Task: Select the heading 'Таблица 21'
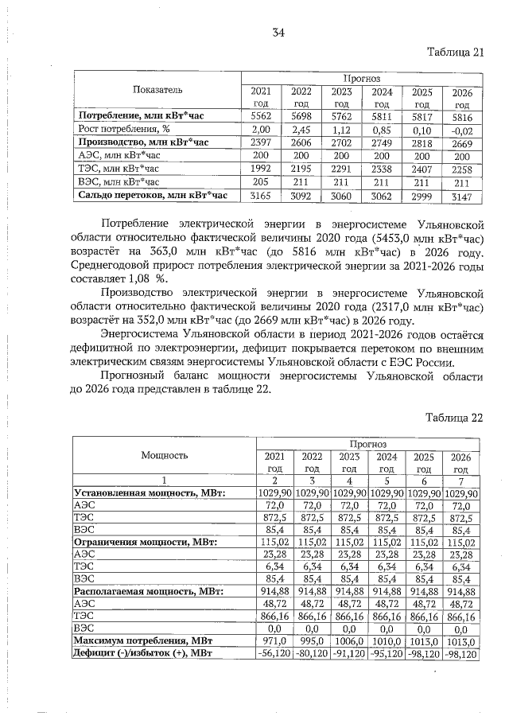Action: (x=455, y=53)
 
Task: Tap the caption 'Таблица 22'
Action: (x=454, y=417)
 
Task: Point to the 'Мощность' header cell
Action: (x=165, y=455)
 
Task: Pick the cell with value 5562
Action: (x=261, y=115)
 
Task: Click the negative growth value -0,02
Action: (x=461, y=128)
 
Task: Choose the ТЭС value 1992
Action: (x=261, y=168)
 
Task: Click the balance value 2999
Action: (x=422, y=194)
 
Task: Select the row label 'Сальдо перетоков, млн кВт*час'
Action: (x=153, y=194)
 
